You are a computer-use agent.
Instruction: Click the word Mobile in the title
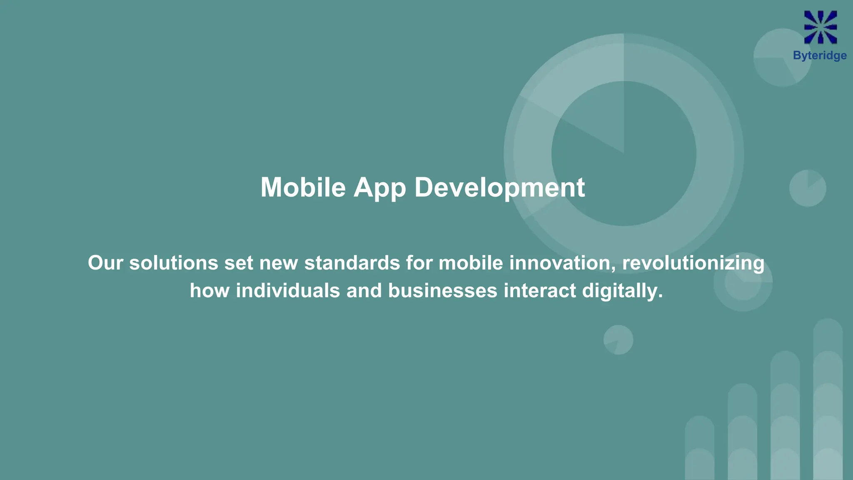pos(303,187)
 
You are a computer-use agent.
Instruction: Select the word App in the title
pos(379,188)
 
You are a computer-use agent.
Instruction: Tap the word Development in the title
pos(499,188)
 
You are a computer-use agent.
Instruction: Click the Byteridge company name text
pos(820,56)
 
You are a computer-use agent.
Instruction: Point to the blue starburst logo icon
pos(820,27)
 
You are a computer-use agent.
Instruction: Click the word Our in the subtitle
pos(105,263)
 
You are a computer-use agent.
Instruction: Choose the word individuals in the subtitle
pos(288,290)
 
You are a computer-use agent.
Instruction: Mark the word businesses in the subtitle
pos(443,290)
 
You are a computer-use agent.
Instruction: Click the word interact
pos(540,290)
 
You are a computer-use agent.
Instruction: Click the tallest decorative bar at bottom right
pos(828,400)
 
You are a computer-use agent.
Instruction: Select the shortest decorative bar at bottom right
pos(700,448)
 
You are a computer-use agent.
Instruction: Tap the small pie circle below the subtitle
pos(619,340)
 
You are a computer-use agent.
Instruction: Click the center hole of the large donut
pos(624,153)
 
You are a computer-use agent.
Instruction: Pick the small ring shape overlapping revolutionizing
pos(743,282)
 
